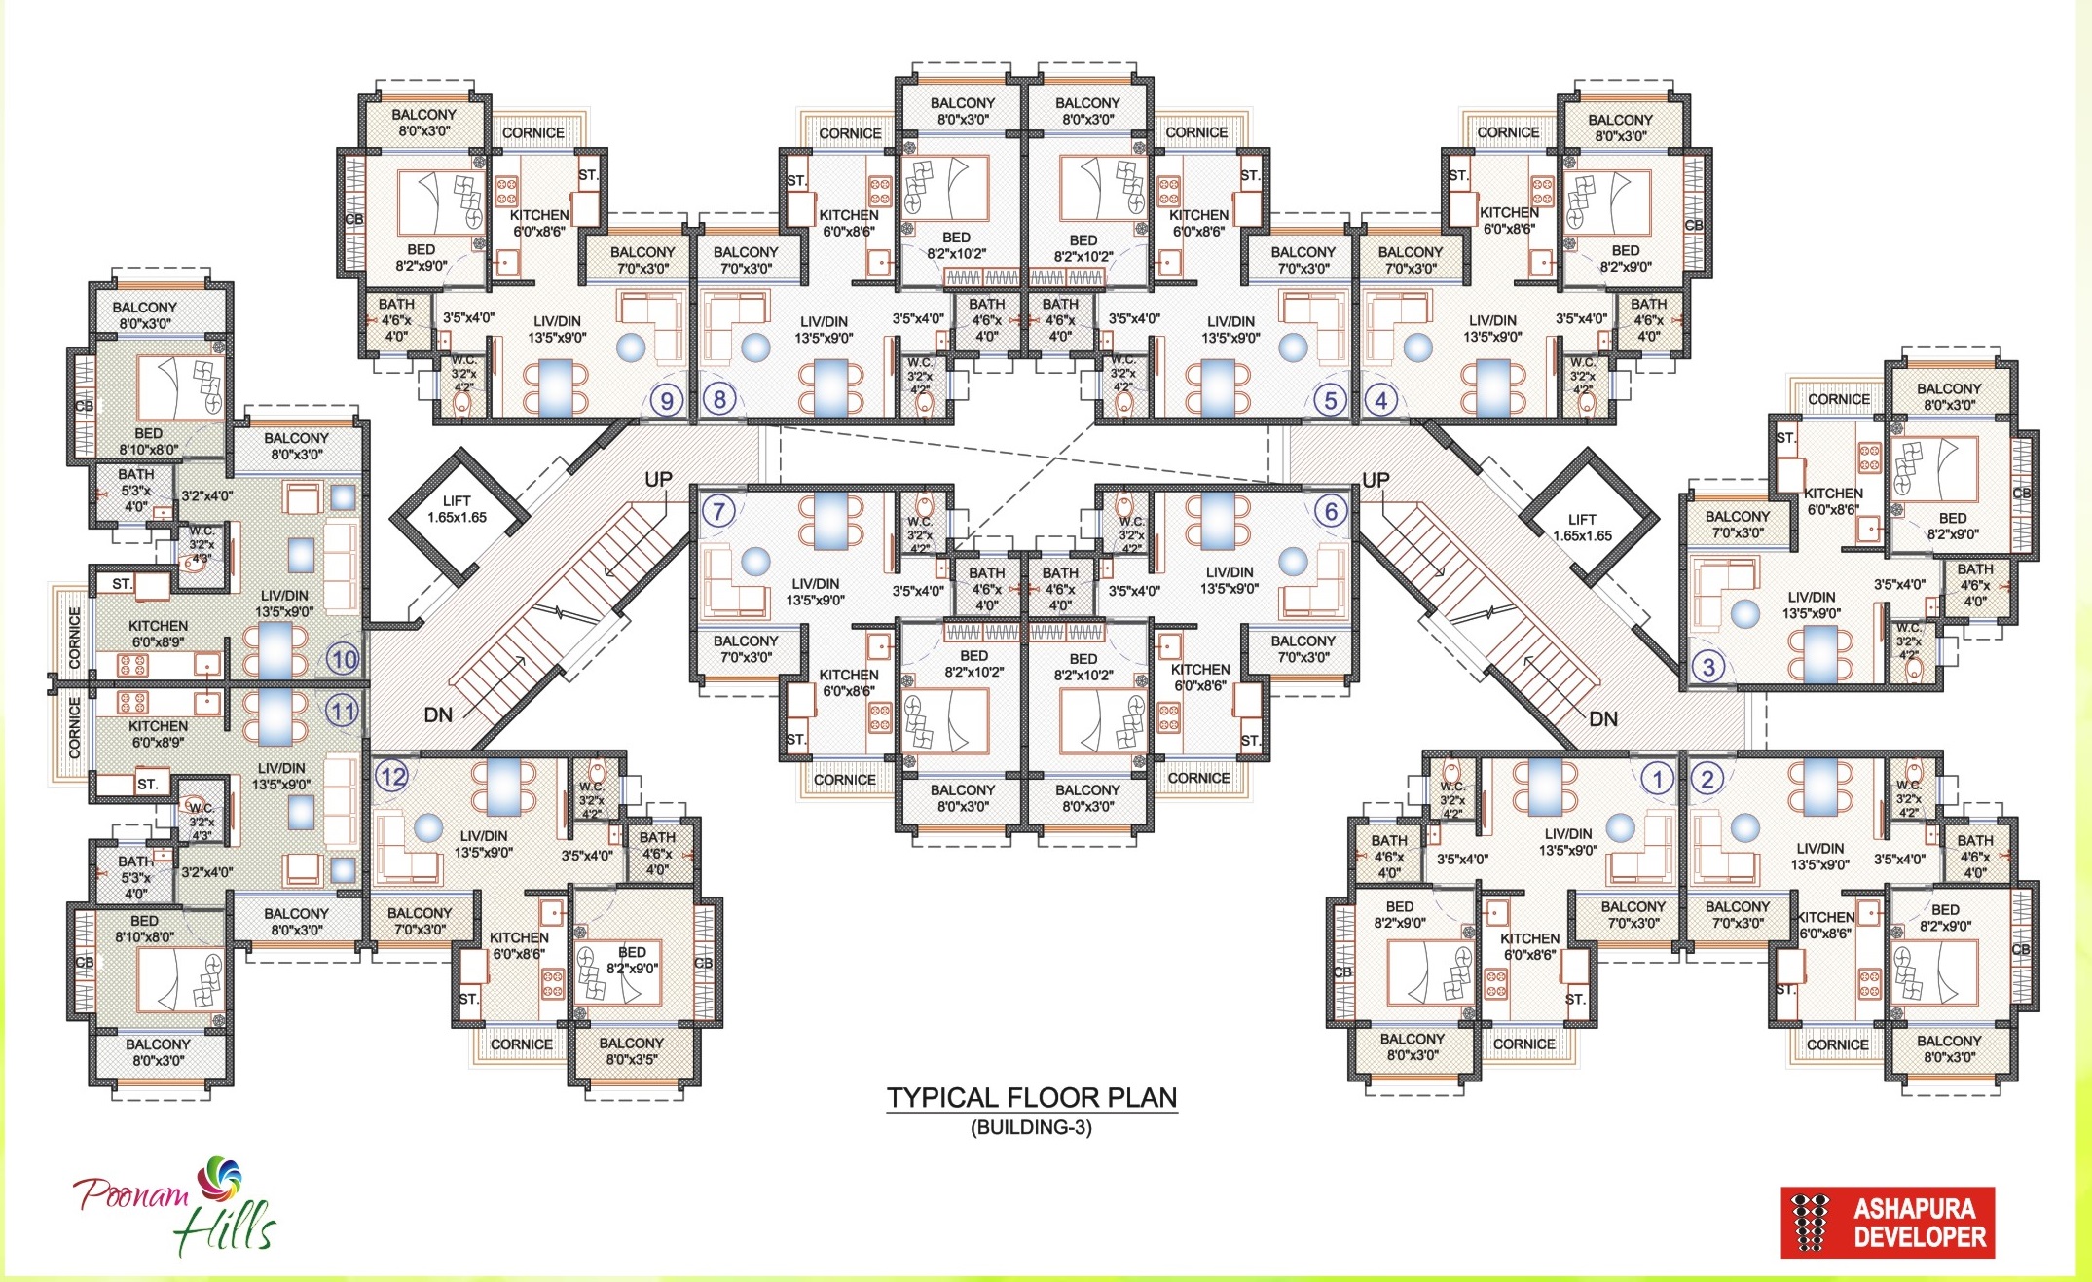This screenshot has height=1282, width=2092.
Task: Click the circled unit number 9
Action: pos(667,400)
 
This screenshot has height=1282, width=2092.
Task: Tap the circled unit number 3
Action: pos(1708,667)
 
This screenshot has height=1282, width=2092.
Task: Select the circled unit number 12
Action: pos(392,777)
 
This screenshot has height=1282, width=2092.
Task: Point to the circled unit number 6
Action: pos(1331,511)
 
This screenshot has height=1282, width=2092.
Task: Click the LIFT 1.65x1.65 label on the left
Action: pos(457,509)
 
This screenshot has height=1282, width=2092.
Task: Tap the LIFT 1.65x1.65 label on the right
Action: pos(1582,528)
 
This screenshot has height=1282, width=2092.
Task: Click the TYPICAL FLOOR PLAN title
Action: pos(1031,1098)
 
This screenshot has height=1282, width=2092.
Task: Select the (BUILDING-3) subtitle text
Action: pos(1031,1127)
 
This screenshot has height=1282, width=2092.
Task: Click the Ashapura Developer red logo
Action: pos(1887,1222)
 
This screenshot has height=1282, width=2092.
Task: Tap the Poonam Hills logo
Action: pos(175,1207)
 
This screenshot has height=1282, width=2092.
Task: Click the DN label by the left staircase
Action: pos(438,715)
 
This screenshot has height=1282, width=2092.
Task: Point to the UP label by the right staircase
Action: pos(1375,480)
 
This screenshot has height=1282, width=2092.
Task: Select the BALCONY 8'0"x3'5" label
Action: pos(631,1050)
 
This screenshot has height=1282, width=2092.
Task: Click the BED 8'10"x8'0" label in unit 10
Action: pos(148,441)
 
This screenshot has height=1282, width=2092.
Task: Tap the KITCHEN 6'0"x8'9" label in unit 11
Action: pos(158,734)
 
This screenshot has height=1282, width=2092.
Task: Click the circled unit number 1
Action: pos(1657,778)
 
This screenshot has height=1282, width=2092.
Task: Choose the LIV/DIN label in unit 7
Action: pos(816,592)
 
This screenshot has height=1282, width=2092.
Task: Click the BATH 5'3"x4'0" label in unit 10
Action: pos(135,490)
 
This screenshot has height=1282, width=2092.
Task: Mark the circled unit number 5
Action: pos(1330,400)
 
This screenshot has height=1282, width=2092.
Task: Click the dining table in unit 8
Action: pos(830,387)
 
